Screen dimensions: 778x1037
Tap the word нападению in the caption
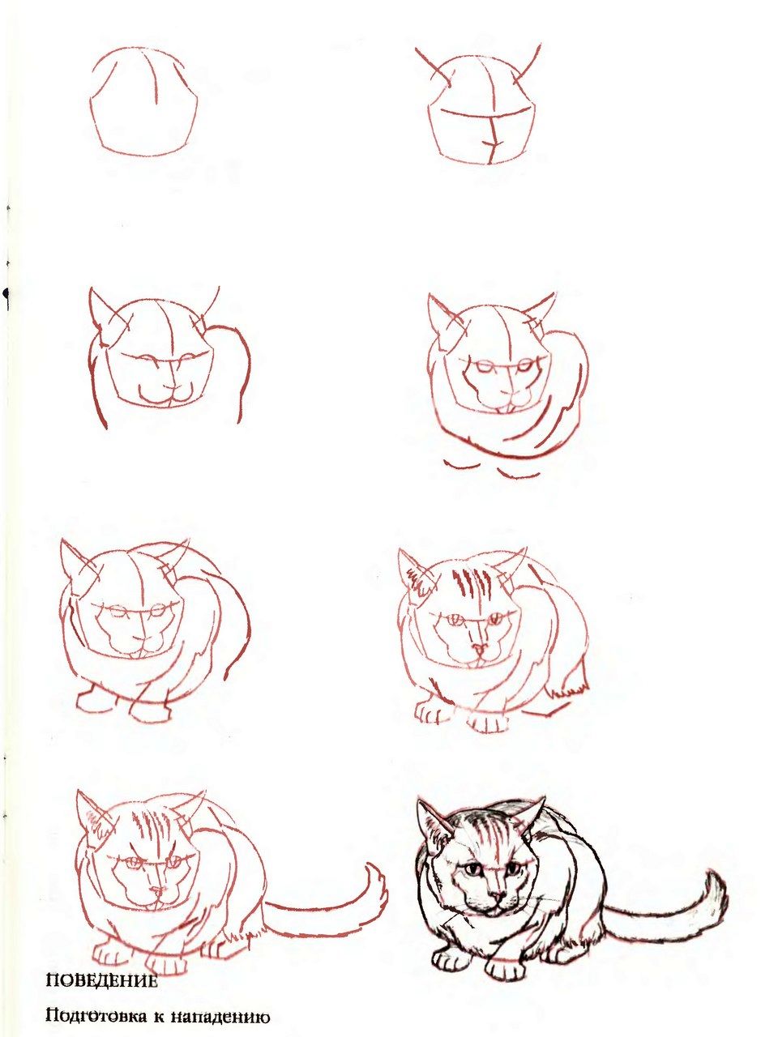pyautogui.click(x=220, y=1014)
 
